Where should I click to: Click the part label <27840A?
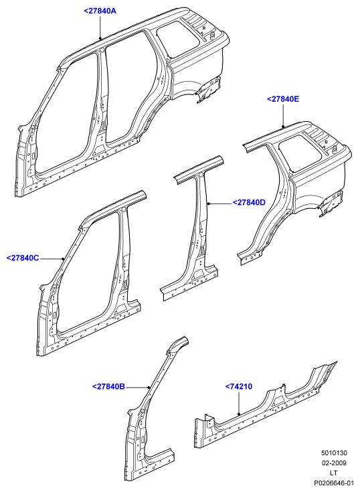(100, 11)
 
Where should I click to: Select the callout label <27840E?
(283, 99)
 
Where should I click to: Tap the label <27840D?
(249, 202)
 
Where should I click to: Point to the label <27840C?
(23, 258)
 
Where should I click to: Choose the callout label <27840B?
(109, 387)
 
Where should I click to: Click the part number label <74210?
(239, 387)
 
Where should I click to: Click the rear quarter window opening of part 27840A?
(178, 40)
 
